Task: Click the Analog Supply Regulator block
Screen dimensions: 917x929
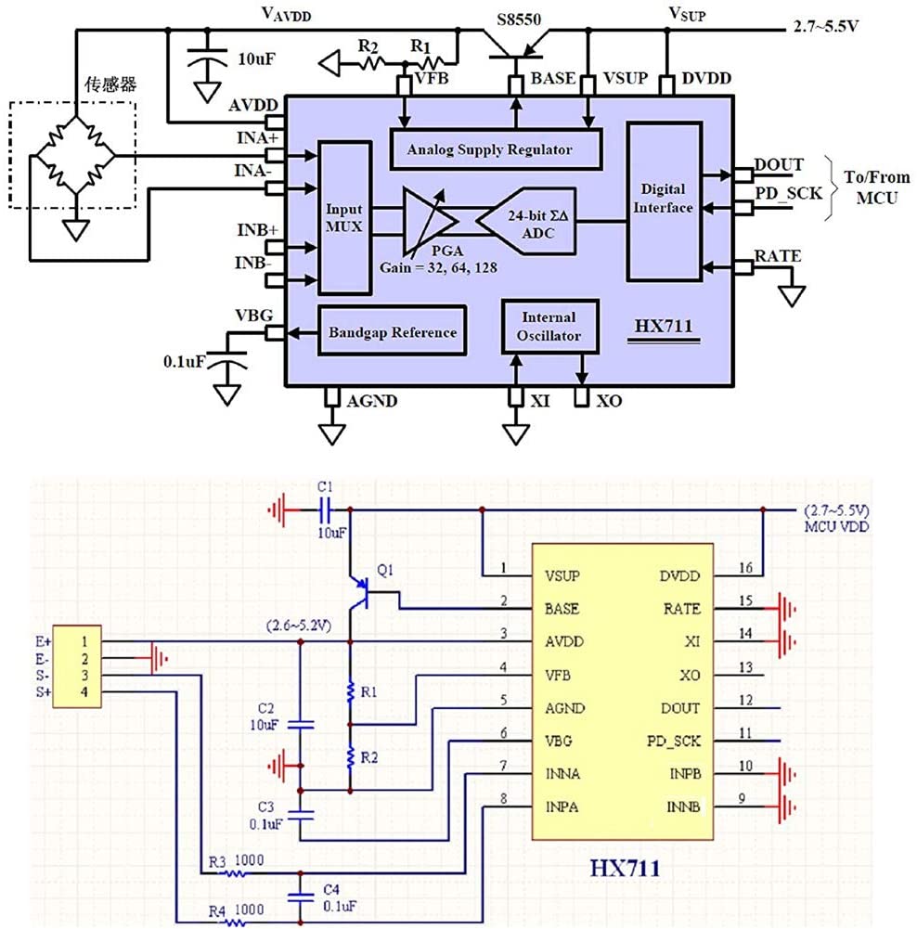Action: pyautogui.click(x=496, y=149)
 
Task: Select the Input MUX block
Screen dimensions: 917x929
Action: pyautogui.click(x=344, y=218)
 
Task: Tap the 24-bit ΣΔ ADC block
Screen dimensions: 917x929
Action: pyautogui.click(x=527, y=222)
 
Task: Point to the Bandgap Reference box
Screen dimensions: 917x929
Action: pyautogui.click(x=393, y=331)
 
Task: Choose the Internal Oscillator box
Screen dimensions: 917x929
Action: pyautogui.click(x=549, y=327)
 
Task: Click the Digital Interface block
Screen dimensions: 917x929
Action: pyautogui.click(x=664, y=201)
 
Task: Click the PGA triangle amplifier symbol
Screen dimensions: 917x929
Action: pyautogui.click(x=428, y=221)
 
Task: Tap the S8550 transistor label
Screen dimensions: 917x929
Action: pyautogui.click(x=519, y=19)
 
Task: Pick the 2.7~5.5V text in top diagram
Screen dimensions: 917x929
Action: pyautogui.click(x=826, y=26)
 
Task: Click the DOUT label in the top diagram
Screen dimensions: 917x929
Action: pyautogui.click(x=779, y=164)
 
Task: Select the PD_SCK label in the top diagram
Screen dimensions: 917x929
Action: pyautogui.click(x=789, y=193)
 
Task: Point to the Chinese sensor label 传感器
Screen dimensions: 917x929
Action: pyautogui.click(x=110, y=84)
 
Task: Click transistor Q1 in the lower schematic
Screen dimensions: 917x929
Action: pyautogui.click(x=359, y=592)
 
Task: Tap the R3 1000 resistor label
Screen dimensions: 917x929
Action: pyautogui.click(x=236, y=861)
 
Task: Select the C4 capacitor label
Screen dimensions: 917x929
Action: pyautogui.click(x=331, y=889)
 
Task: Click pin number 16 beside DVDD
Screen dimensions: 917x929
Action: pyautogui.click(x=745, y=568)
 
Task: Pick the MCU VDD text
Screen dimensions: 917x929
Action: pyautogui.click(x=836, y=526)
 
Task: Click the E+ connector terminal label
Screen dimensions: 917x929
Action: pyautogui.click(x=44, y=641)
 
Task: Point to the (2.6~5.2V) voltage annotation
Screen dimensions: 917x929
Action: pyautogui.click(x=299, y=626)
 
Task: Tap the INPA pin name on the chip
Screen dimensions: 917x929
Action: pyautogui.click(x=562, y=806)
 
